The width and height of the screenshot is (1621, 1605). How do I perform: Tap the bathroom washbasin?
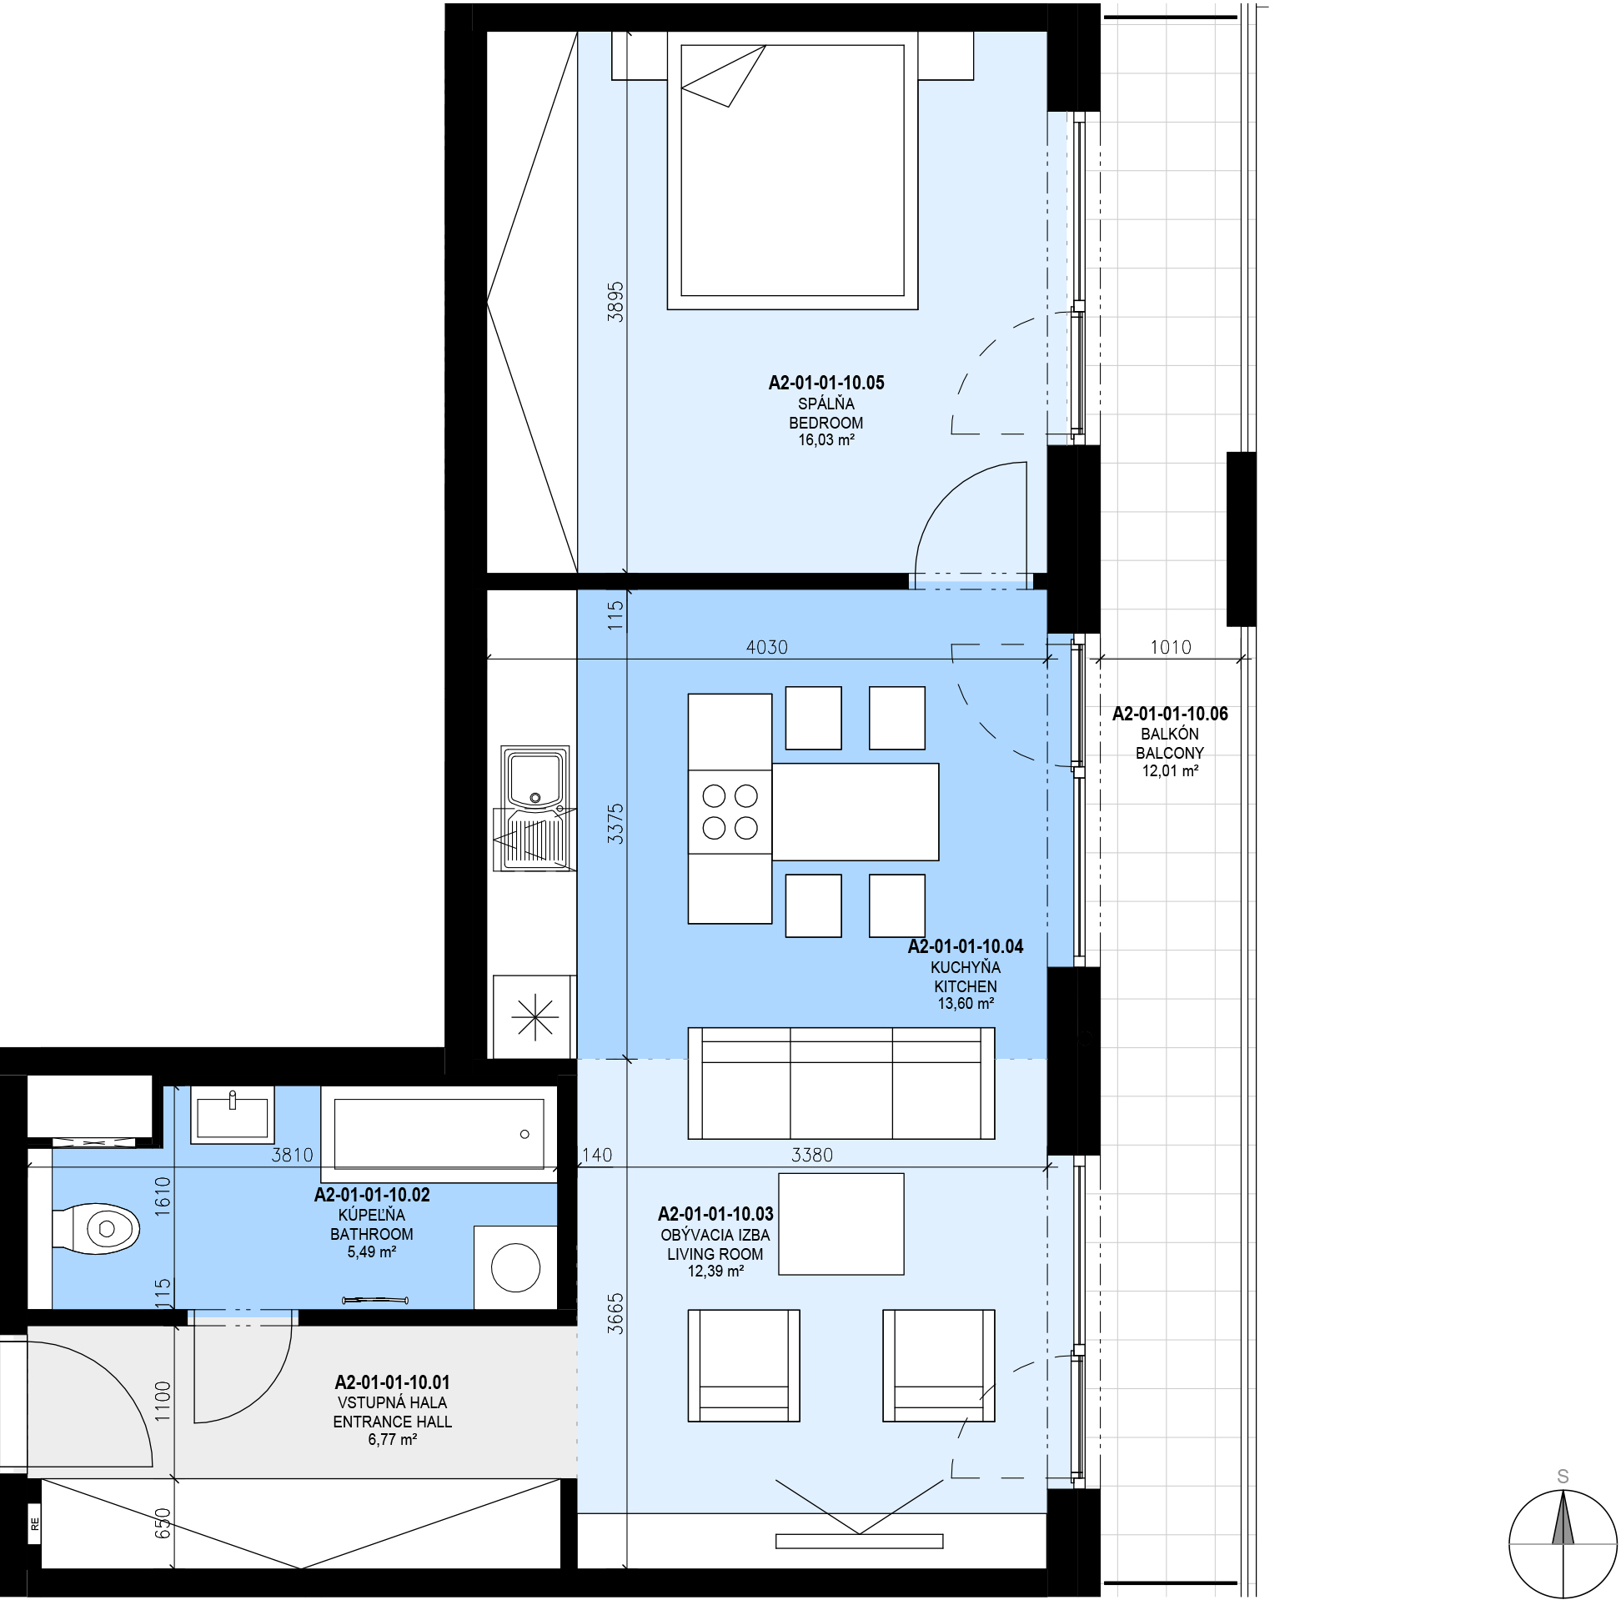point(233,1115)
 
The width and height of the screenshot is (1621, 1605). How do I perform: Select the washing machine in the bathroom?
point(515,1266)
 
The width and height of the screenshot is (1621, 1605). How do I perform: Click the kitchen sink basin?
point(534,778)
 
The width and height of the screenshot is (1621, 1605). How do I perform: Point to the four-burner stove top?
point(730,811)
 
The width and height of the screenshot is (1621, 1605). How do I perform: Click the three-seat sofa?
point(841,1083)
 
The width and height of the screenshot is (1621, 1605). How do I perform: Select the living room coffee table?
point(841,1224)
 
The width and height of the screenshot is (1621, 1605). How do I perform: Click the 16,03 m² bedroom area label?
point(826,439)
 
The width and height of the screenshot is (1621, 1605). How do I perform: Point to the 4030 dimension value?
point(767,647)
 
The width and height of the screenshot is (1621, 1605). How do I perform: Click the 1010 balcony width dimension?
point(1171,647)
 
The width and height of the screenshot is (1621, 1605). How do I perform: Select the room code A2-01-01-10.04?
point(966,946)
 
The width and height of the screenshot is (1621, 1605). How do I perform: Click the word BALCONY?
point(1171,754)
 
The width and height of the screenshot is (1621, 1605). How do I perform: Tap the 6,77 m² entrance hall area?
point(393,1440)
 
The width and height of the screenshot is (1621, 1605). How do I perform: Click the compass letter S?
point(1563,1477)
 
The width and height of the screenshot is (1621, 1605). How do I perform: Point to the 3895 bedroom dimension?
point(616,302)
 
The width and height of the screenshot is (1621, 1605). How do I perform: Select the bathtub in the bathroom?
point(439,1133)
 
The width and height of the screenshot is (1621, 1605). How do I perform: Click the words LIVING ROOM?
point(715,1254)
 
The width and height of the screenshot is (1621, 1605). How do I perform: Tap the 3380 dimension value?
point(812,1156)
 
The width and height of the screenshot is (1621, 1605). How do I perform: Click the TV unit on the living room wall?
point(859,1542)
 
